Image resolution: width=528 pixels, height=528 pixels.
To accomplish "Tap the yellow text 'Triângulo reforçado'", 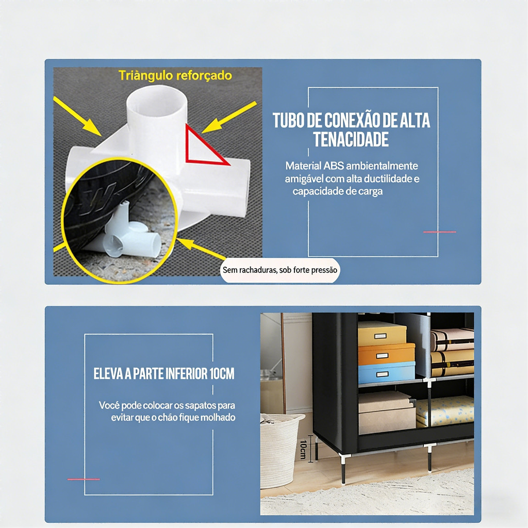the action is [x=175, y=75].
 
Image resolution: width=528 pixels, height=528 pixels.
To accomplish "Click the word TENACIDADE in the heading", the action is [x=351, y=139].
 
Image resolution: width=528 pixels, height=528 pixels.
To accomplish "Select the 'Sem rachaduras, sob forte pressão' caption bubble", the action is [x=280, y=270].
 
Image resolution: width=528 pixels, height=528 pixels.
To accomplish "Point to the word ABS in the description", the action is [x=334, y=166].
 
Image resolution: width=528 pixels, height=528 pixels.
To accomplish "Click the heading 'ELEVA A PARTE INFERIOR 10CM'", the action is [x=163, y=374].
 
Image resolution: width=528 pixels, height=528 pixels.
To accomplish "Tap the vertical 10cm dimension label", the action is [x=303, y=449].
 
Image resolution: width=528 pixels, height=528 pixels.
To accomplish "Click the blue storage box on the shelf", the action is [x=386, y=373].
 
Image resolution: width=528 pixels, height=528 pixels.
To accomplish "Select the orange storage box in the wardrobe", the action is [x=386, y=354].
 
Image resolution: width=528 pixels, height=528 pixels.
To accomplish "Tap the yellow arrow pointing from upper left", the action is [x=77, y=116].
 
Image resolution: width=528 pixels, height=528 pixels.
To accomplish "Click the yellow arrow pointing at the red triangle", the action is [x=229, y=117].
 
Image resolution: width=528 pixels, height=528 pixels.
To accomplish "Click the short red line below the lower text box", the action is [x=84, y=479].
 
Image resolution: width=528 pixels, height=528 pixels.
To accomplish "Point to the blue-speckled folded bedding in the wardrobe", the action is [x=445, y=411].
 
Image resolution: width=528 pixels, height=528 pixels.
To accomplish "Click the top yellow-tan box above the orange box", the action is [x=382, y=334].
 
